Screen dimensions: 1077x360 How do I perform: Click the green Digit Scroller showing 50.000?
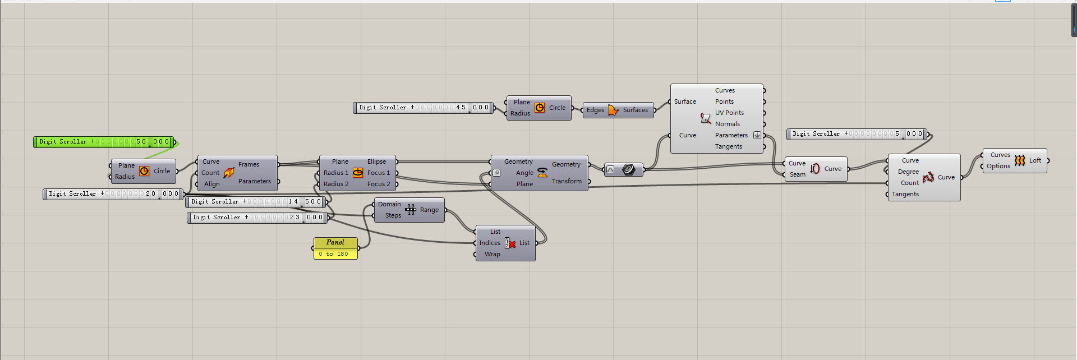pos(104,142)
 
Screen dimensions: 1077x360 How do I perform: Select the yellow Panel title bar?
pos(335,243)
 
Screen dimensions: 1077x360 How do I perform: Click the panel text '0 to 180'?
pos(333,254)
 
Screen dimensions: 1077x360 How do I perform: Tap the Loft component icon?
pos(1019,160)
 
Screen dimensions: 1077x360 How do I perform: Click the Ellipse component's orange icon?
pos(358,173)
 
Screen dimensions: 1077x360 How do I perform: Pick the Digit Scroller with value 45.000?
pos(424,108)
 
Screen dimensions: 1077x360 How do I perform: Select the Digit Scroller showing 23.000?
pos(256,218)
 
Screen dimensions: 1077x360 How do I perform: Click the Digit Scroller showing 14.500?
pos(255,202)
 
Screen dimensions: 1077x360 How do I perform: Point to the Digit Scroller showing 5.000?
pos(858,134)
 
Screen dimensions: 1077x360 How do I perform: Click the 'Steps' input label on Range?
pos(393,215)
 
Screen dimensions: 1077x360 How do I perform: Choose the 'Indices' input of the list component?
pos(490,243)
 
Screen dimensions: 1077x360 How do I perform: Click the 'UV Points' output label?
pos(729,113)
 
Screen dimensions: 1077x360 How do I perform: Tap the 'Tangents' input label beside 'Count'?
pos(905,194)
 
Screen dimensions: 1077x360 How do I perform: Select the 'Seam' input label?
pos(798,174)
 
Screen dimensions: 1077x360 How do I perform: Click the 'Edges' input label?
pos(595,110)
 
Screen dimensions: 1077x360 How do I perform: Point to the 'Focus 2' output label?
pos(379,184)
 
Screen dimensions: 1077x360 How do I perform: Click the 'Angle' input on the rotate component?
pos(524,173)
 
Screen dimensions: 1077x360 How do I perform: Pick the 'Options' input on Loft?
pos(998,166)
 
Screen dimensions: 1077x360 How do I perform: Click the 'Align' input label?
pos(212,184)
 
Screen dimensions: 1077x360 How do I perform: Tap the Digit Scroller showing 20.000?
pos(114,194)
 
